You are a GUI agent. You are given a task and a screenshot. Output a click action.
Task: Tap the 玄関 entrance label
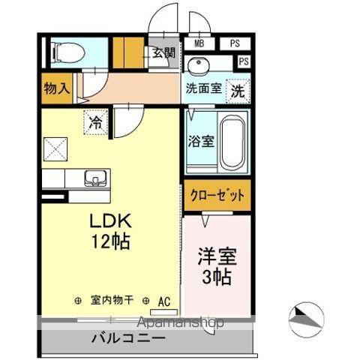pos(164,53)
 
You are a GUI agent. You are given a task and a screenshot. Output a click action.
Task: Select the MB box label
pos(198,44)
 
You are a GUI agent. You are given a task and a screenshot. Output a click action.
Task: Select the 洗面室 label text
pos(202,88)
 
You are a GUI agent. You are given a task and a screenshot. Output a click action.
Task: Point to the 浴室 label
pos(200,140)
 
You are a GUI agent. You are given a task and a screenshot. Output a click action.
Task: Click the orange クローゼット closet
pos(216,195)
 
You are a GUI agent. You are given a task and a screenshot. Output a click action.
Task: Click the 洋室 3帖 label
pos(217,265)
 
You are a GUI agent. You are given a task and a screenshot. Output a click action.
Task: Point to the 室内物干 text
pos(112,300)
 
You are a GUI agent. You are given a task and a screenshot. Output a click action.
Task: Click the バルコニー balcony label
pos(128,339)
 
